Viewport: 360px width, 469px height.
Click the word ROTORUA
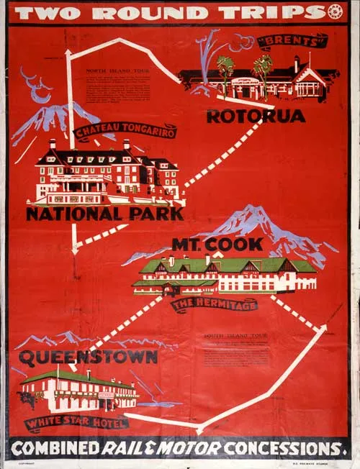(x=255, y=115)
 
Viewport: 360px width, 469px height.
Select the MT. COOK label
(x=217, y=245)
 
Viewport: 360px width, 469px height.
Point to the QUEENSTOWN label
(x=89, y=358)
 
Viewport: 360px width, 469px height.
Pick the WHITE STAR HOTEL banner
(x=76, y=422)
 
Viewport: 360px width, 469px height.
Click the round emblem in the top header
(x=334, y=12)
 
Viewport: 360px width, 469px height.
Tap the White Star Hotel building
(x=79, y=392)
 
